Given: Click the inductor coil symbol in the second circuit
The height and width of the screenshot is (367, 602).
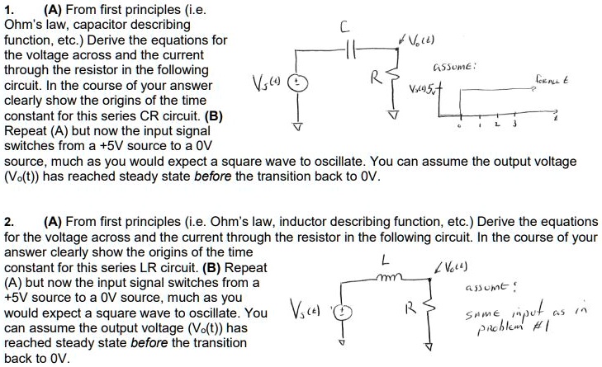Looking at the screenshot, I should tap(385, 281).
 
